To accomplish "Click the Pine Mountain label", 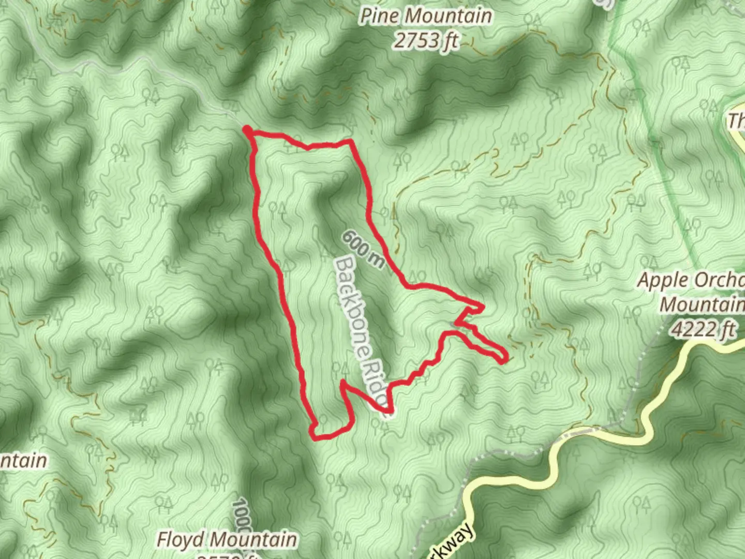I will [x=425, y=16].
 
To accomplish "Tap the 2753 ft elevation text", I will [x=425, y=40].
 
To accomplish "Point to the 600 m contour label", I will [x=363, y=250].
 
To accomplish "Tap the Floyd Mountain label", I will [x=227, y=539].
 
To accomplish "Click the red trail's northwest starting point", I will [x=248, y=129].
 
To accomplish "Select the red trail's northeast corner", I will [x=352, y=141].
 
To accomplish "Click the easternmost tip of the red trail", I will [x=504, y=358].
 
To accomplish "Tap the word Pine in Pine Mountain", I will [x=380, y=16].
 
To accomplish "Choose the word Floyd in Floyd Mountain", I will [x=180, y=539].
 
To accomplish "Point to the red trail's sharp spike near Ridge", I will [x=342, y=384].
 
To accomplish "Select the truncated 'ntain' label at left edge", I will [x=23, y=461].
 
